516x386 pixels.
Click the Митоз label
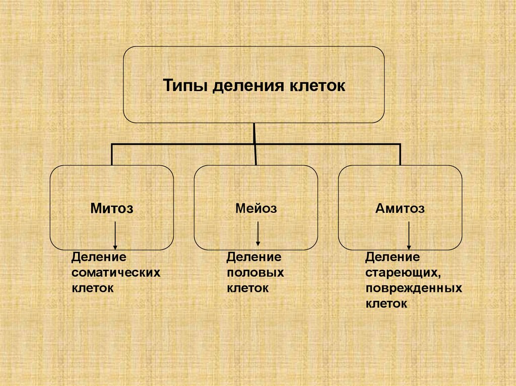click(112, 208)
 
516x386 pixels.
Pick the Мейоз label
click(256, 208)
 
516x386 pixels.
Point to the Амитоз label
click(400, 208)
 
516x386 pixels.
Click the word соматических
click(116, 273)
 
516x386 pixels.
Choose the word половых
click(255, 273)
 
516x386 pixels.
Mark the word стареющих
click(403, 273)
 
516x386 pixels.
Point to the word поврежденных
click(414, 289)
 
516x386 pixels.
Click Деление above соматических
click(98, 257)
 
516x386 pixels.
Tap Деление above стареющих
click(393, 257)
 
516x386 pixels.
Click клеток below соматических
click(92, 288)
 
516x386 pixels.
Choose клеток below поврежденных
click(386, 304)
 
